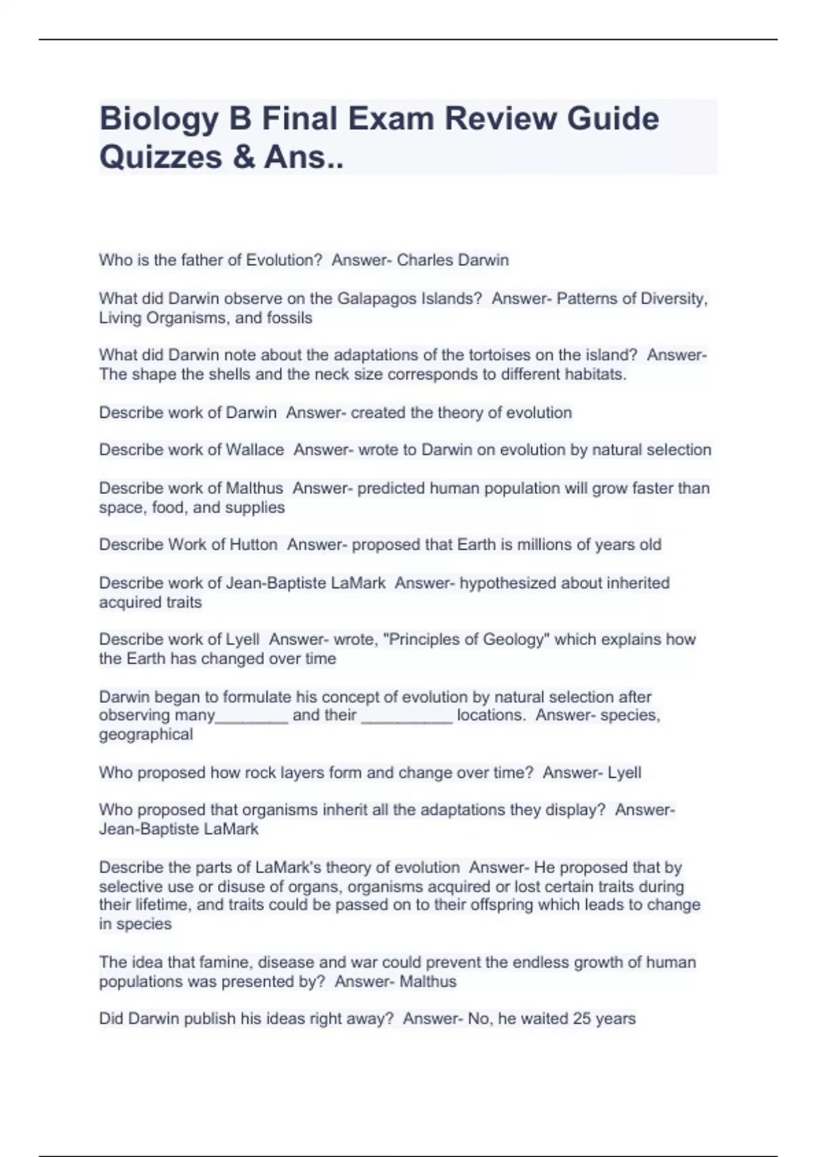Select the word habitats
coord(596,374)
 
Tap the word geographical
coord(146,734)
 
